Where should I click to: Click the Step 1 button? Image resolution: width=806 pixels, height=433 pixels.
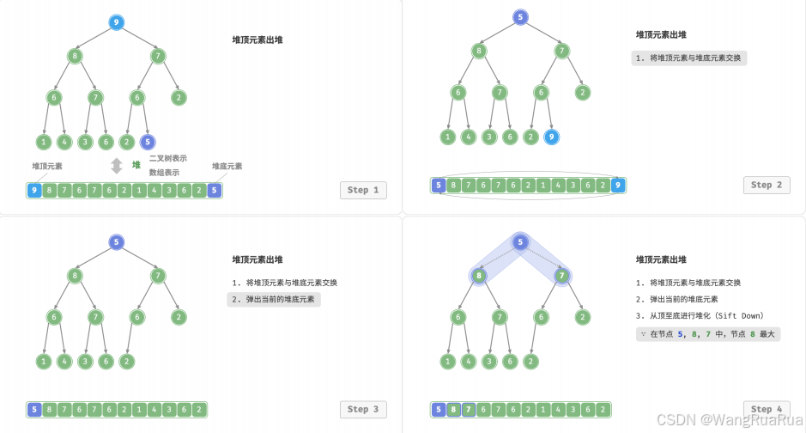363,190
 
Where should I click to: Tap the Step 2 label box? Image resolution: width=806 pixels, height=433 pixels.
767,185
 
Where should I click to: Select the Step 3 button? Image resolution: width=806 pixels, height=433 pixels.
363,409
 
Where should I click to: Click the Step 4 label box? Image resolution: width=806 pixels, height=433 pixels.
767,409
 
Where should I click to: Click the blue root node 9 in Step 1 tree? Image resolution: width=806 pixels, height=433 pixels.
117,22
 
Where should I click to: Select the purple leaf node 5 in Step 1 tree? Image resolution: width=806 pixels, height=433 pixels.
148,142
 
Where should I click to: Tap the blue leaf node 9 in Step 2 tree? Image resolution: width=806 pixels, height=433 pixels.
551,136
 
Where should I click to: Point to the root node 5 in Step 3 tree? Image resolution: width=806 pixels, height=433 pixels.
117,242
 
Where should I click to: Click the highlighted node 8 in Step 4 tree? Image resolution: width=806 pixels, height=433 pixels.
478,276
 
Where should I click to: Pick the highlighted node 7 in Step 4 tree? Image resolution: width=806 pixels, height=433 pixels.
561,276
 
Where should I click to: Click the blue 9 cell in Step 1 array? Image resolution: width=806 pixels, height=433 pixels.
34,191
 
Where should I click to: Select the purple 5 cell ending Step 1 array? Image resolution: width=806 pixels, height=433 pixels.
214,191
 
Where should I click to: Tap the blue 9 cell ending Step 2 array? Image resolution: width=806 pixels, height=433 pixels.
617,185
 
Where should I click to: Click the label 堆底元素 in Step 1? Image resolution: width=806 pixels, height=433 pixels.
227,167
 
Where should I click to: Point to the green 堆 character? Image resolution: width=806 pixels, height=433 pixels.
136,165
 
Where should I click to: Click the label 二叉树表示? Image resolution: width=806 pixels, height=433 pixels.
167,159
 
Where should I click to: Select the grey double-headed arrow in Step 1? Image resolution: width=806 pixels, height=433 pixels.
117,166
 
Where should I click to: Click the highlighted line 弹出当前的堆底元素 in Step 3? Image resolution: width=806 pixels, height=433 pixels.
274,299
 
